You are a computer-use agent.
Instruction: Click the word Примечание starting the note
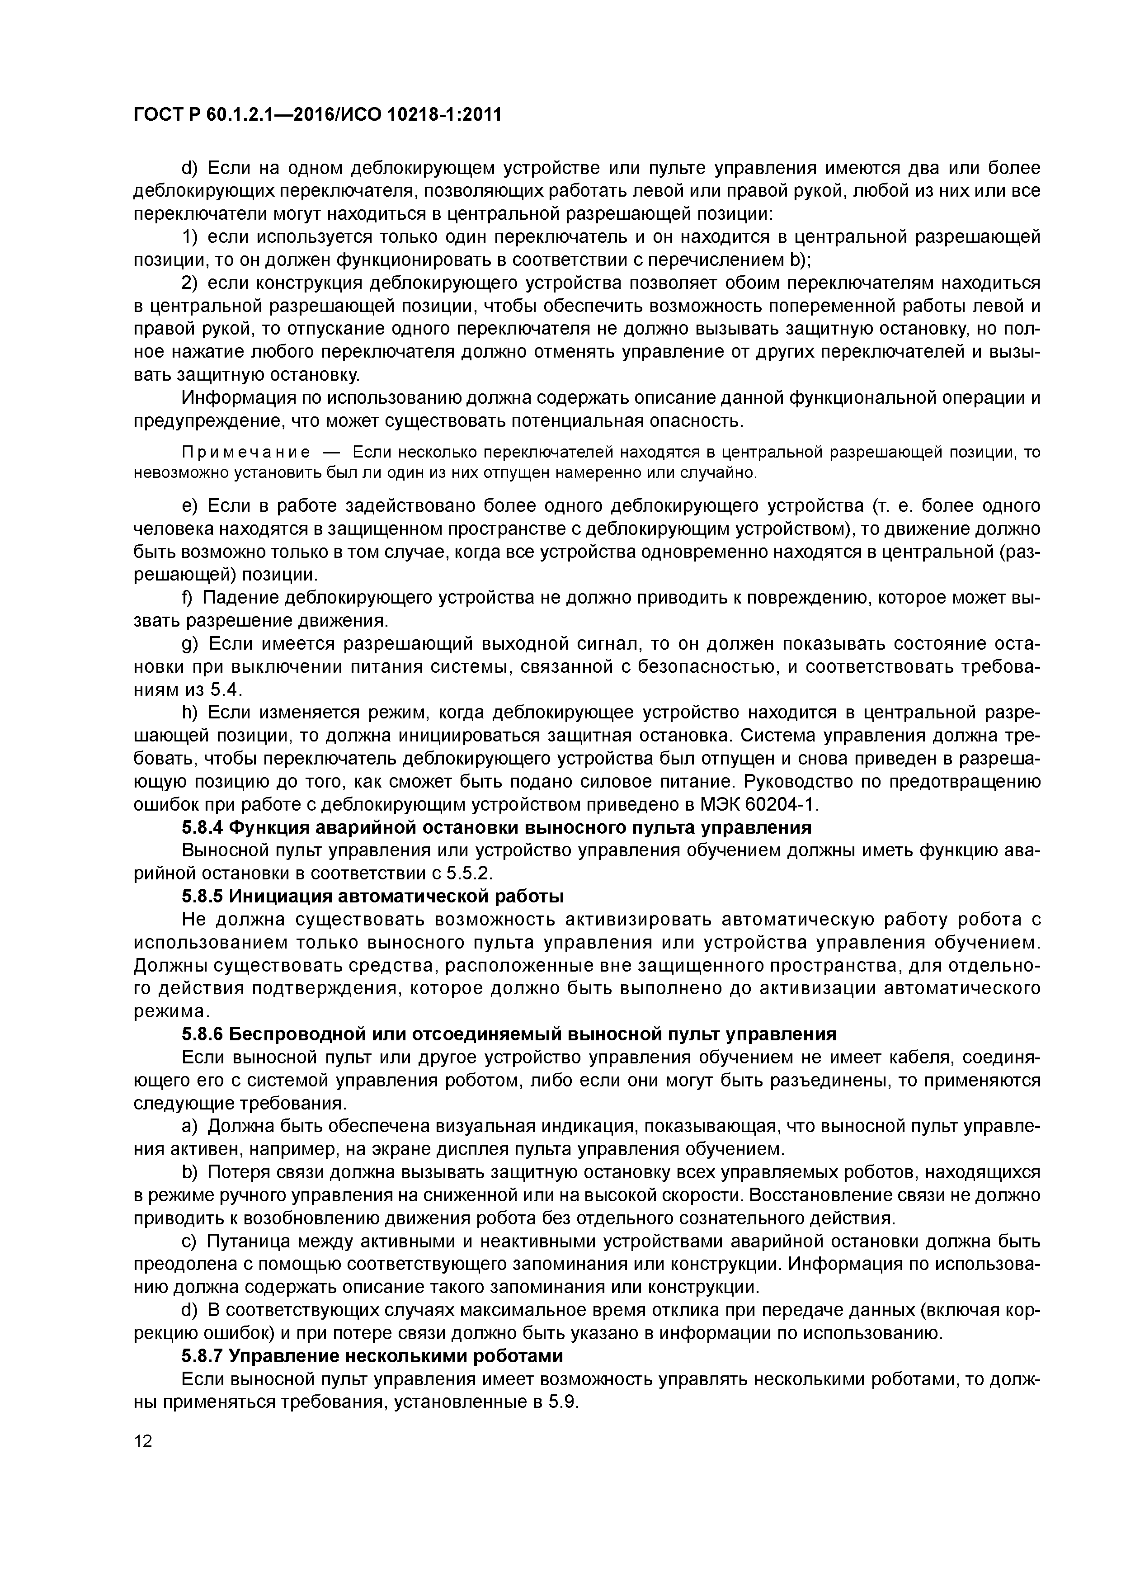tap(245, 453)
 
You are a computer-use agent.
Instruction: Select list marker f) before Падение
tap(188, 598)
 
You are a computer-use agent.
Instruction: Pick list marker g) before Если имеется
tap(190, 645)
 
